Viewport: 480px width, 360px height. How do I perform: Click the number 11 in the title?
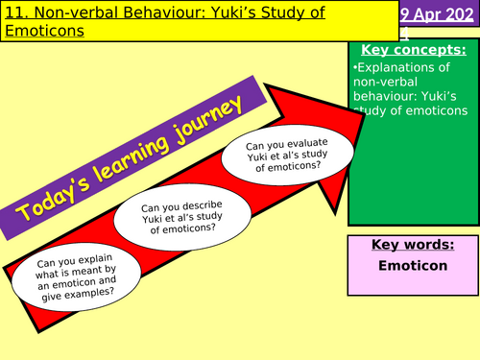(x=13, y=12)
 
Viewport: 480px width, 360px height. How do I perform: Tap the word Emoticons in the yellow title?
(x=43, y=31)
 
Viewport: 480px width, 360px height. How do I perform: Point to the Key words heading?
(x=411, y=245)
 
